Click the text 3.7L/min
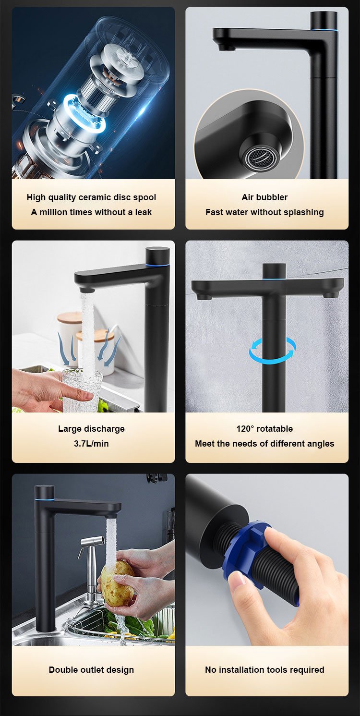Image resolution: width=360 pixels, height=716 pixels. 91,444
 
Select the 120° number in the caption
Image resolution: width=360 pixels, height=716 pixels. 245,429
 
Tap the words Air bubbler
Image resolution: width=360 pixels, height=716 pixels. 264,197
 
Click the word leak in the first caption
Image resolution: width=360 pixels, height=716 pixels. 143,212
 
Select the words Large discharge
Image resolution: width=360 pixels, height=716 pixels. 91,429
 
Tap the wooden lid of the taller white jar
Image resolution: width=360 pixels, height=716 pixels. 70,317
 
